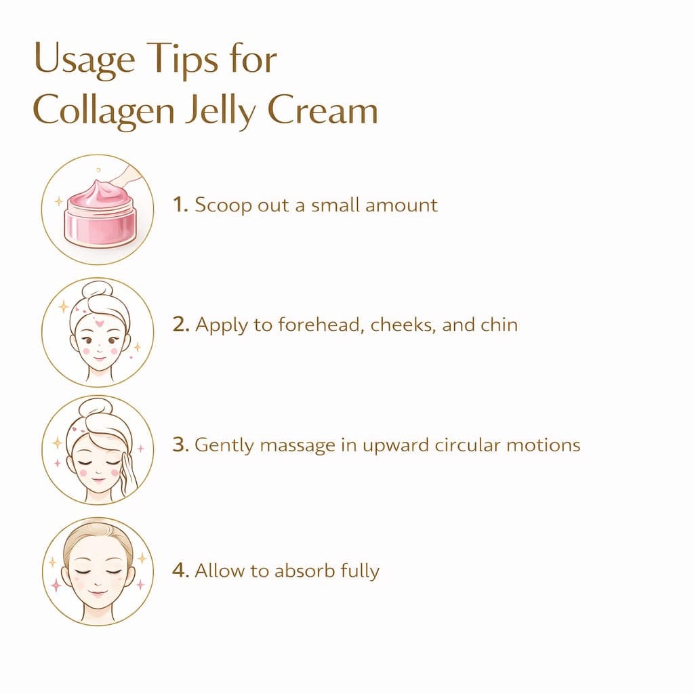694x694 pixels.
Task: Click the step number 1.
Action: pyautogui.click(x=180, y=205)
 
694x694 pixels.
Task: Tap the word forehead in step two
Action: pyautogui.click(x=312, y=325)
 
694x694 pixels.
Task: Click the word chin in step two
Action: pyautogui.click(x=499, y=325)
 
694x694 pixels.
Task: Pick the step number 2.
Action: pyautogui.click(x=180, y=325)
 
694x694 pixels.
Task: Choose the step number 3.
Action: pyautogui.click(x=180, y=445)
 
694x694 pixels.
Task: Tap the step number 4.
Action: pyautogui.click(x=180, y=571)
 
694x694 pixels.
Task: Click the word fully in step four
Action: pyautogui.click(x=359, y=571)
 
